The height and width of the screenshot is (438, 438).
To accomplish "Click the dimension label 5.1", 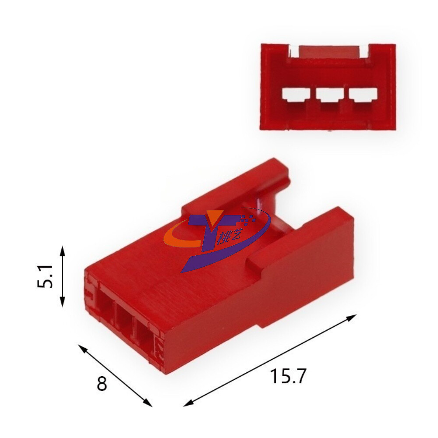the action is tap(45, 276).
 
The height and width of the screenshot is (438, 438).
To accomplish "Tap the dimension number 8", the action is tap(102, 383).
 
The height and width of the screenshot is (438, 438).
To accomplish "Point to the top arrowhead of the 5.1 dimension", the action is tap(63, 251).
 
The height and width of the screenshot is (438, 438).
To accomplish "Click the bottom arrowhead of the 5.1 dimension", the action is tap(63, 302).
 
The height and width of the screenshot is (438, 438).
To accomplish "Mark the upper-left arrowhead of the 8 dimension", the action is tap(82, 348).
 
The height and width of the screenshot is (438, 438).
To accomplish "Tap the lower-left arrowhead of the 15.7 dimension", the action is tap(188, 403).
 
